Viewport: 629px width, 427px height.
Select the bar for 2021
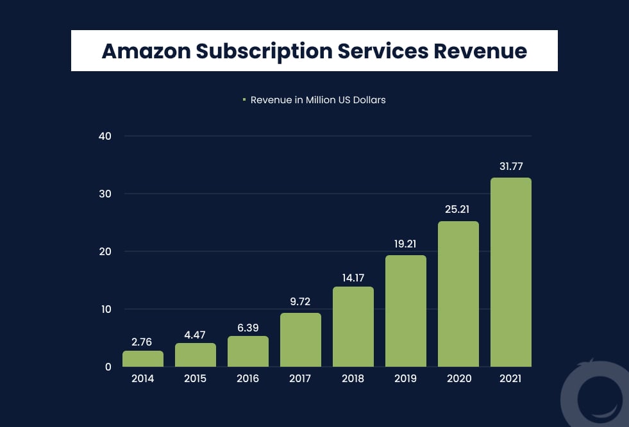510,272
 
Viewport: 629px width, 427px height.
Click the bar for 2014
143,358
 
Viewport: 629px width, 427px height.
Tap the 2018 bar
353,326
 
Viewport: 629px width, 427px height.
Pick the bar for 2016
247,351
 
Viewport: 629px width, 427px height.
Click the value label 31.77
510,166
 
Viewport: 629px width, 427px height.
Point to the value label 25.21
458,209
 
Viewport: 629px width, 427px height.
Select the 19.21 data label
405,244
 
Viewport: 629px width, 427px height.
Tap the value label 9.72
300,301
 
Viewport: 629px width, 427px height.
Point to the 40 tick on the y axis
105,136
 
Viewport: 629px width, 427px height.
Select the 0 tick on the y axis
108,367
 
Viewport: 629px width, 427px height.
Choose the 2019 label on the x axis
405,379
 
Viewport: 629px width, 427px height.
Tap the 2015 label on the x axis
195,379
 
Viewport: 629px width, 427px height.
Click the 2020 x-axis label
458,379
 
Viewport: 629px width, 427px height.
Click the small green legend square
244,99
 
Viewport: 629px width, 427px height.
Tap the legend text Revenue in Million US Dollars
318,100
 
